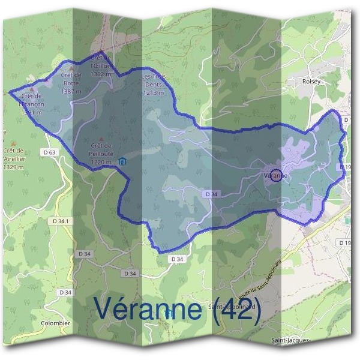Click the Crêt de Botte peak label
tap(71, 82)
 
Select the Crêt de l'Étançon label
tap(31, 103)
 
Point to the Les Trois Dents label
tap(154, 85)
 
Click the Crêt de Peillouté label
tap(101, 153)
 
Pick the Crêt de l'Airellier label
tap(13, 154)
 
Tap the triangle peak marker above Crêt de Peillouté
tap(101, 139)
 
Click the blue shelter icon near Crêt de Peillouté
tap(122, 161)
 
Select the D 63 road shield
tap(50, 152)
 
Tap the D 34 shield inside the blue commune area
tap(211, 194)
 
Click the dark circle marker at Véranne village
tap(276, 175)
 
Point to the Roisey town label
tap(312, 81)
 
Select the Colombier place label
tap(55, 323)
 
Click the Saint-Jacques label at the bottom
tap(291, 340)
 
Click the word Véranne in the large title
tap(148, 309)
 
